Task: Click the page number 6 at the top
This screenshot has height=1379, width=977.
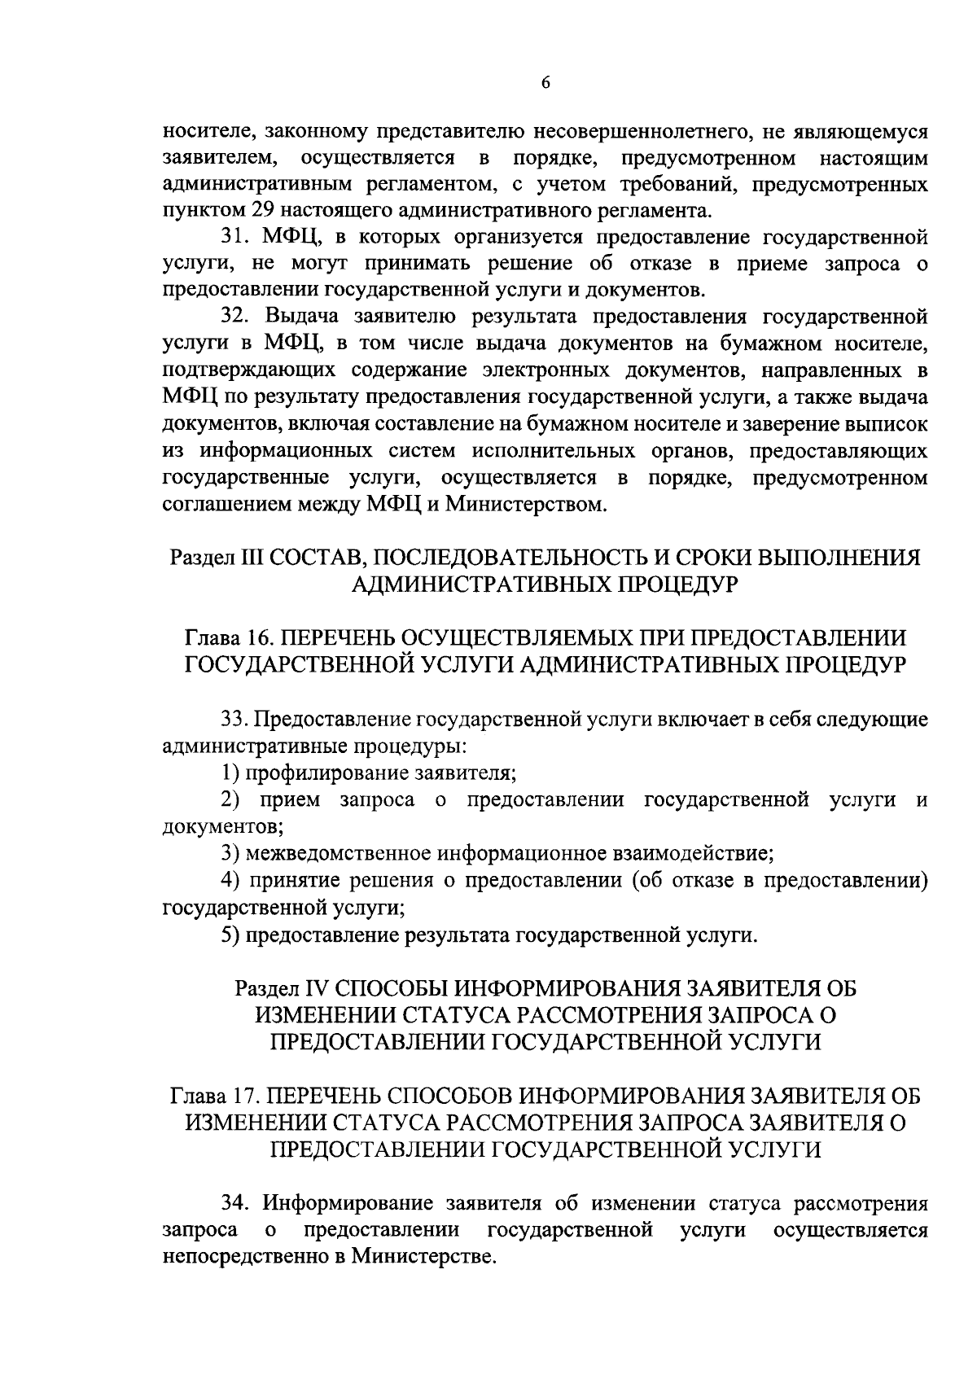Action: click(545, 82)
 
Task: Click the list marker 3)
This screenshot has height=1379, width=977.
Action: click(230, 854)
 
